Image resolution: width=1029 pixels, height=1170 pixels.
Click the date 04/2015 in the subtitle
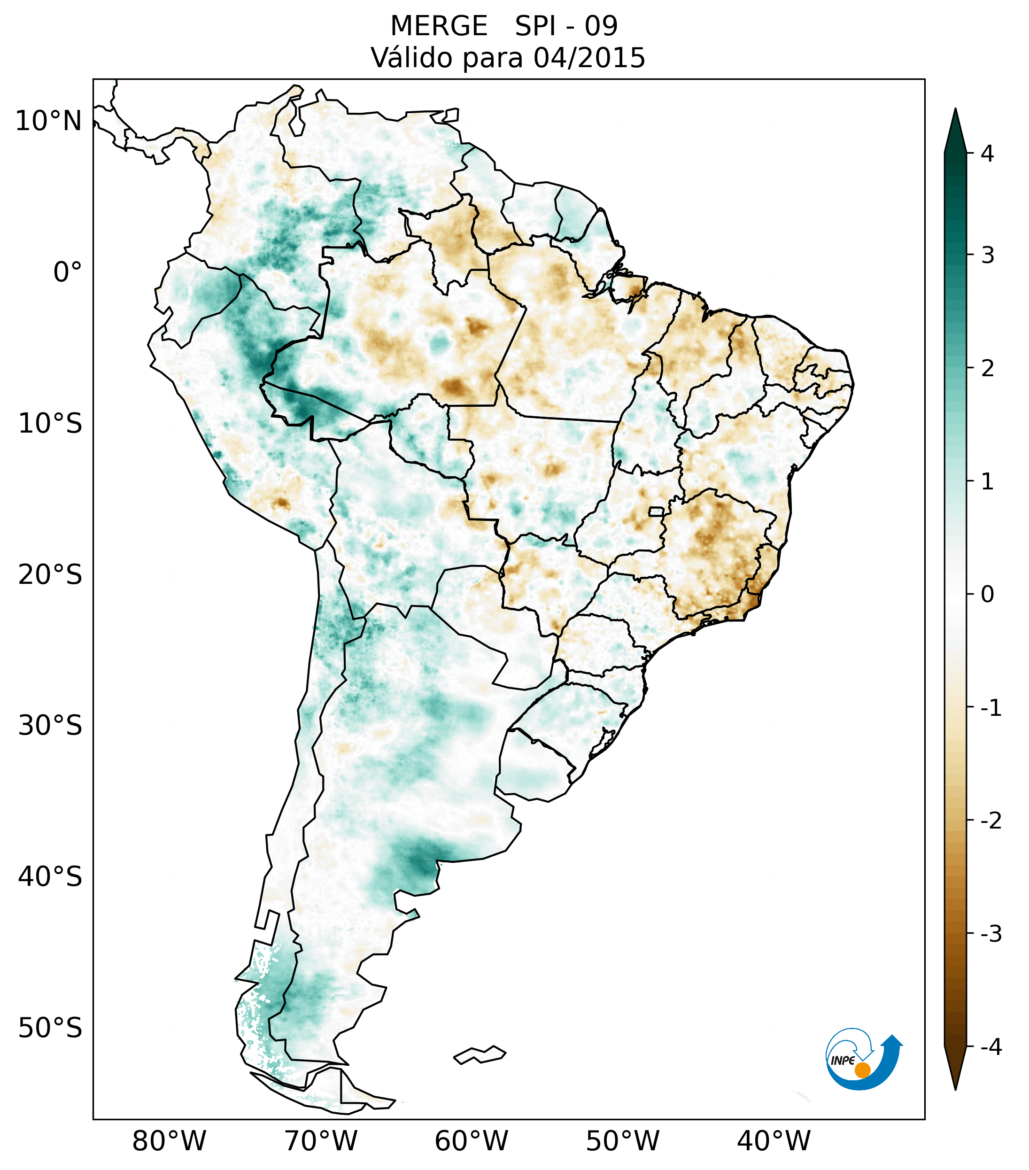589,58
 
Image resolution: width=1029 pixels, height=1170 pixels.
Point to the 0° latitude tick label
68,272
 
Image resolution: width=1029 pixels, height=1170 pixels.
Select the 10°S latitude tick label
50,424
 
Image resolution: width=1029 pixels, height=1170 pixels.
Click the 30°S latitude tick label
50,726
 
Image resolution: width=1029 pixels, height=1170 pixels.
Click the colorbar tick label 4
987,154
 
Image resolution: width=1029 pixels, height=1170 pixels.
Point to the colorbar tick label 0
987,594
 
